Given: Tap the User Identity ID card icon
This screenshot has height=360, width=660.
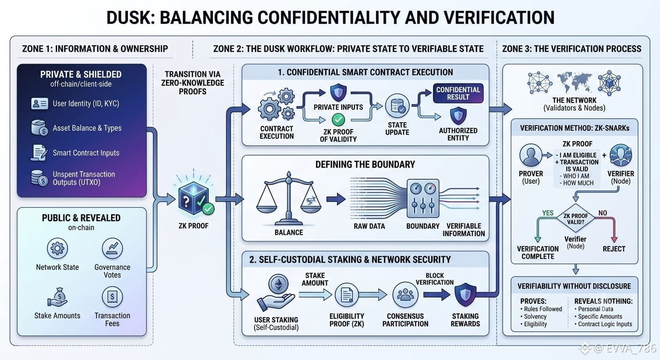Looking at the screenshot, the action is point(39,104).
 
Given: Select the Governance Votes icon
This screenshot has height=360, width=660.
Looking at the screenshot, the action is point(112,248).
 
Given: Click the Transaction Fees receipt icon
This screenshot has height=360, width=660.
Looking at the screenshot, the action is point(112,297).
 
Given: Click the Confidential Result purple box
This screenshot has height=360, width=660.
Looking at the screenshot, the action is point(458,93).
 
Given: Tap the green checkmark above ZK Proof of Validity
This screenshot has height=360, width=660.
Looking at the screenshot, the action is point(338,120).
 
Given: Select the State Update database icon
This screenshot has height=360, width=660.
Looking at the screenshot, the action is point(397,106).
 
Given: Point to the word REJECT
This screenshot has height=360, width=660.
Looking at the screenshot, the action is point(614,249).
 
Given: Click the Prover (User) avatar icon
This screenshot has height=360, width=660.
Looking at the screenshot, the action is point(531,155).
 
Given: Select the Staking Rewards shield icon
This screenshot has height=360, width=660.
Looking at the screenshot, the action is point(465,294).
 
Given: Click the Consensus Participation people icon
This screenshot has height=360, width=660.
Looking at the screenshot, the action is point(405,294).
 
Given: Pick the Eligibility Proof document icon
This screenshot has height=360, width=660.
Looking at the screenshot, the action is point(346,294).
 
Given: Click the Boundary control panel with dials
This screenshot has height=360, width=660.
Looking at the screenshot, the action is point(423,198).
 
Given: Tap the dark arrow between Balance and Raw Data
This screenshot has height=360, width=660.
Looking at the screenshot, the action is point(336,199).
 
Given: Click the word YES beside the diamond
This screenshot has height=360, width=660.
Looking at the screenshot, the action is point(548,213).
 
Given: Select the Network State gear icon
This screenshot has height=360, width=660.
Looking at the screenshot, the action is point(58,248).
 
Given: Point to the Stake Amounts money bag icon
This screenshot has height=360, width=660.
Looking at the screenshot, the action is point(58,297).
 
